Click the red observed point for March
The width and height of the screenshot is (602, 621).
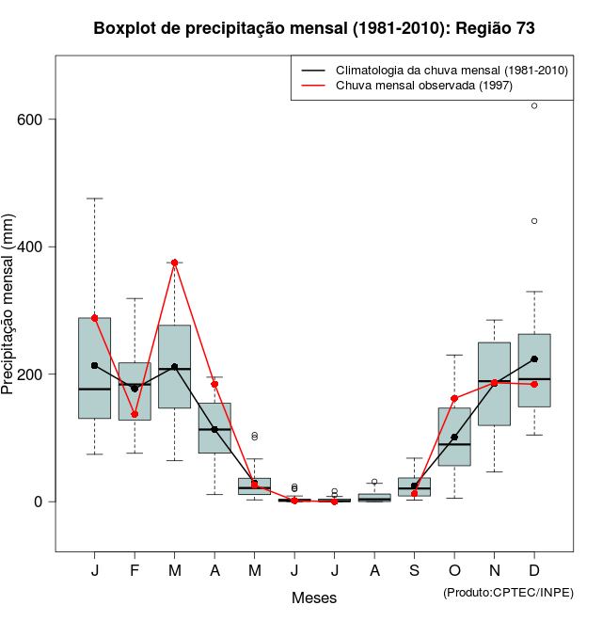tap(175, 263)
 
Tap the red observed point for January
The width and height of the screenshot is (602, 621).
tap(95, 318)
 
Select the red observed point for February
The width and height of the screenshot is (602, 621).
tap(135, 414)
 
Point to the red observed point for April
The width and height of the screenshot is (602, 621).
tap(214, 384)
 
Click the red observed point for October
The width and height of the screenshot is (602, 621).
tap(454, 399)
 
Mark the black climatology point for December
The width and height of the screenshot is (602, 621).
tap(534, 358)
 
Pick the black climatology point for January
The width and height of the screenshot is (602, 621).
tap(95, 365)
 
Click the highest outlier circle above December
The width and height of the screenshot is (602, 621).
tap(534, 105)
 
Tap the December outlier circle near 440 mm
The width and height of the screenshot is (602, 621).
tap(534, 221)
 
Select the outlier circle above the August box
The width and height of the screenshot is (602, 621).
tap(374, 482)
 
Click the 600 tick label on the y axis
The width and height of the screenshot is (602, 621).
tap(31, 119)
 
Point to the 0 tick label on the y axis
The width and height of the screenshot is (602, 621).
tap(39, 502)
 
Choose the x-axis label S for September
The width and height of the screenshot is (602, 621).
tap(415, 571)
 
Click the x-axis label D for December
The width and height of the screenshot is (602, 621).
tap(534, 571)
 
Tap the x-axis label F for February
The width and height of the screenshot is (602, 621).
tap(135, 571)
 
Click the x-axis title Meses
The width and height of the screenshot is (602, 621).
tap(314, 598)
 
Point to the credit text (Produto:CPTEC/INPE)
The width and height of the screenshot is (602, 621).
tap(508, 592)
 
